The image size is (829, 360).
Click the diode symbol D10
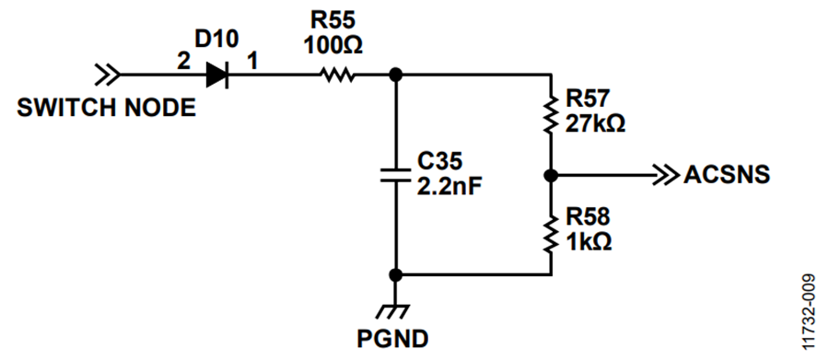pos(216,75)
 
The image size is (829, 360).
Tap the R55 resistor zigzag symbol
pos(337,75)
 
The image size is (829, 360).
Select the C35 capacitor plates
pos(395,175)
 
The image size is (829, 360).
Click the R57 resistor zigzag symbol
pos(551,113)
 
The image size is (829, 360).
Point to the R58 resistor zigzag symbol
pos(551,234)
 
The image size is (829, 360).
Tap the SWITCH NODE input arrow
pos(107,75)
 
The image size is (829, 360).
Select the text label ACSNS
pos(727,175)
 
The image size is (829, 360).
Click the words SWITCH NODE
pos(106,108)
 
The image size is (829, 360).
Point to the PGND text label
pos(392,339)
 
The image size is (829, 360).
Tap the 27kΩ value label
pos(595,124)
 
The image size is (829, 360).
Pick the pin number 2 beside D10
pos(183,62)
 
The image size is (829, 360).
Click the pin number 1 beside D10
pos(252,62)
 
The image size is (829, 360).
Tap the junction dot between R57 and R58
pos(551,175)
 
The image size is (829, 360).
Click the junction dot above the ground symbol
pos(394,275)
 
